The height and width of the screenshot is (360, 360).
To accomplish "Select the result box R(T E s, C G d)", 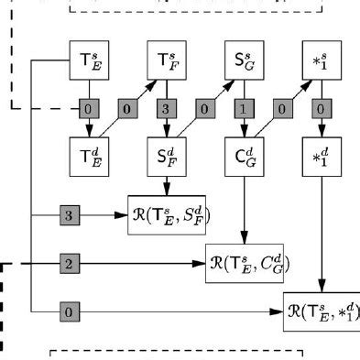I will point(249,264).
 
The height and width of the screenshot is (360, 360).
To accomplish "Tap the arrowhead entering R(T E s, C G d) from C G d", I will point(244,239).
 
